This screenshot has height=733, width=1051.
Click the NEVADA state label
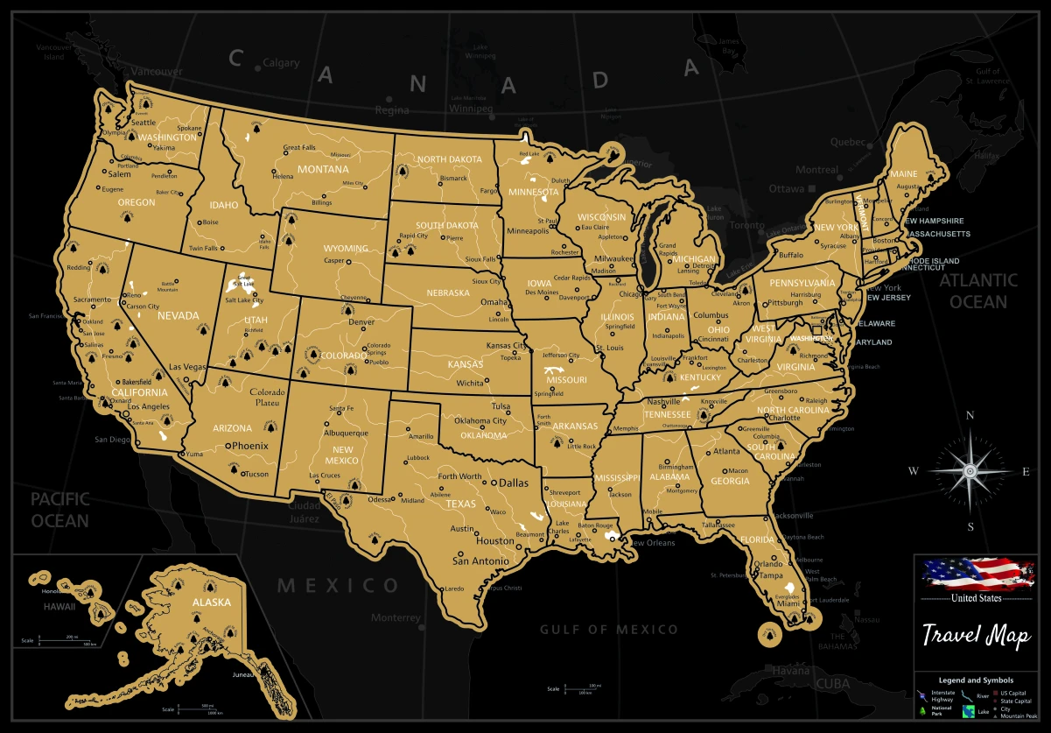click(x=178, y=315)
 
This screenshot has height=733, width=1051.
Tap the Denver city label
click(x=361, y=322)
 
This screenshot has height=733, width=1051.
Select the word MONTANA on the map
click(x=323, y=169)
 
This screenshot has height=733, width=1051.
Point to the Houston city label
click(x=494, y=540)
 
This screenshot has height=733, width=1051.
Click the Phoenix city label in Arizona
click(x=249, y=446)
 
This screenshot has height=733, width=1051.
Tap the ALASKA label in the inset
click(x=212, y=602)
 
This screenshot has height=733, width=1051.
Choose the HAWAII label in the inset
click(x=62, y=605)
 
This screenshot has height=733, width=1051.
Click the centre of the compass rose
click(x=970, y=471)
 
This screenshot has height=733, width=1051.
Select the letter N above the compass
click(x=970, y=416)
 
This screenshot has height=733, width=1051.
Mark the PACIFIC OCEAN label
click(x=60, y=510)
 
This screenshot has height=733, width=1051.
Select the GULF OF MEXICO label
click(x=608, y=629)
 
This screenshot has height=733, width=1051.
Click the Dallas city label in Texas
click(x=514, y=483)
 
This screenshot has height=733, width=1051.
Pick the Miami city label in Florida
click(x=789, y=603)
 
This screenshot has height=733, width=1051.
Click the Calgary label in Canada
click(x=281, y=63)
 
